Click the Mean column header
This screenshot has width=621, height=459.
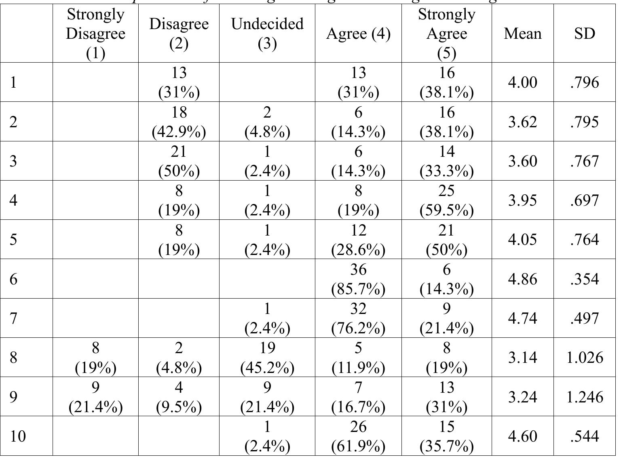point(522,34)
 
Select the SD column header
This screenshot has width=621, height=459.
point(585,34)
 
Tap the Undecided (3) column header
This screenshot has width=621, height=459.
point(267,34)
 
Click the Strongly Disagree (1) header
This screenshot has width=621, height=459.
point(95,34)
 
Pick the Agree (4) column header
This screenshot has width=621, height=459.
point(358,34)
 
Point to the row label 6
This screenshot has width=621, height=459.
point(14,279)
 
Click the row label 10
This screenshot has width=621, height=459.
point(18,436)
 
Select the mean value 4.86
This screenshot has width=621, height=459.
point(522,279)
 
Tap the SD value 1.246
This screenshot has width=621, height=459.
point(585,397)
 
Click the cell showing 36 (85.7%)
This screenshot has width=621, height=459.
point(358,279)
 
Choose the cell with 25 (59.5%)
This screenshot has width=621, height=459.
point(446,200)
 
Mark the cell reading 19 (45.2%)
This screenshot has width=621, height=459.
point(267,358)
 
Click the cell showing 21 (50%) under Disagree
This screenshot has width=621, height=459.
point(179,161)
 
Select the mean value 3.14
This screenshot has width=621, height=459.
point(522,358)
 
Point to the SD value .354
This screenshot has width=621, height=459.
point(585,279)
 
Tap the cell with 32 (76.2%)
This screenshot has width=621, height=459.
point(358,318)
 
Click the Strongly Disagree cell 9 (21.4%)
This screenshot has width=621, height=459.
point(95,397)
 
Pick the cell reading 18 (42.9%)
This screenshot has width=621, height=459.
point(179,122)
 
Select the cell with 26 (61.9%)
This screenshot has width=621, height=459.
point(358,436)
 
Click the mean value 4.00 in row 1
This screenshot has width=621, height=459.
point(522,82)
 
